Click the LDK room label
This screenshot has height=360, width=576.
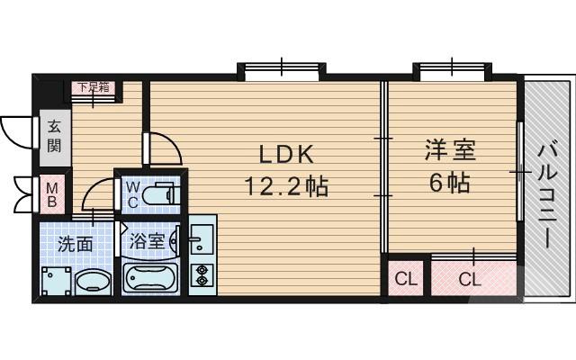click(x=284, y=154)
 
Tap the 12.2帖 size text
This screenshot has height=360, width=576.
click(x=285, y=187)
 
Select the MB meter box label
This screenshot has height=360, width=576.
click(x=52, y=194)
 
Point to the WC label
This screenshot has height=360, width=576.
click(x=131, y=193)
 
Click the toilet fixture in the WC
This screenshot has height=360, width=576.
click(x=161, y=194)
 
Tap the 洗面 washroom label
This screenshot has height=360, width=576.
click(x=75, y=243)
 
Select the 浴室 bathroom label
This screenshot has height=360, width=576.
click(x=146, y=241)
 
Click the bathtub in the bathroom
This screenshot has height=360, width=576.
click(x=151, y=278)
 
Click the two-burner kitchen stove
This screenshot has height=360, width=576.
click(x=201, y=276)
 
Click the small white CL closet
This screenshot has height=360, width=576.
click(x=407, y=279)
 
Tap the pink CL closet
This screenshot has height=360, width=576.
click(x=471, y=279)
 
